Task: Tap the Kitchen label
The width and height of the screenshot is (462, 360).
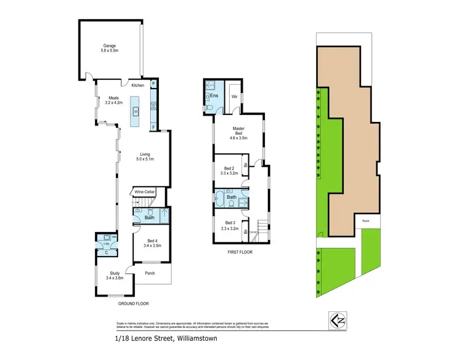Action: click(x=138, y=86)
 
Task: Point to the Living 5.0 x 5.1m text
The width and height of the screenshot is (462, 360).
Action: click(x=145, y=157)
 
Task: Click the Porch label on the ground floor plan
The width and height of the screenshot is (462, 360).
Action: click(x=149, y=274)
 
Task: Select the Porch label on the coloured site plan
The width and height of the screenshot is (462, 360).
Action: click(x=366, y=221)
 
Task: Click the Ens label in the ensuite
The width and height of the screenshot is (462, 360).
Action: click(x=214, y=96)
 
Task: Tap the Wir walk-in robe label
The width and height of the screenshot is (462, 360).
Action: click(x=235, y=97)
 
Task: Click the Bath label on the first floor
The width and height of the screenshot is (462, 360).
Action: click(x=231, y=198)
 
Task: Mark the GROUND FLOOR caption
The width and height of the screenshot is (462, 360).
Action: click(x=134, y=303)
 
